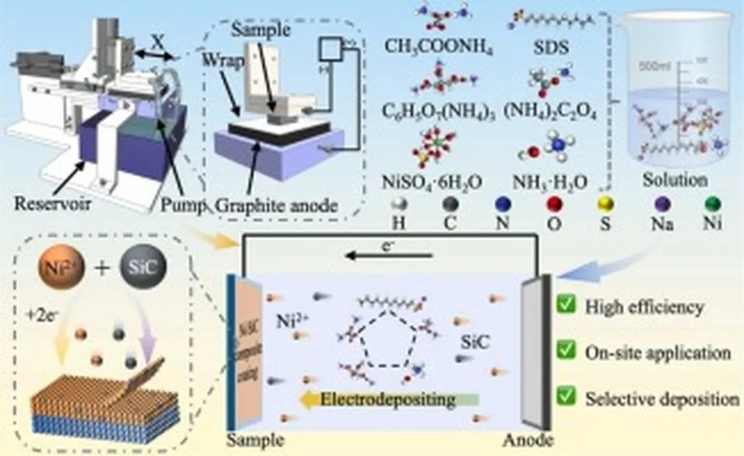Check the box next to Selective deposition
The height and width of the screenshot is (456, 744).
(567, 398)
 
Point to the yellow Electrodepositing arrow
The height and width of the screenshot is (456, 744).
(389, 399)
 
